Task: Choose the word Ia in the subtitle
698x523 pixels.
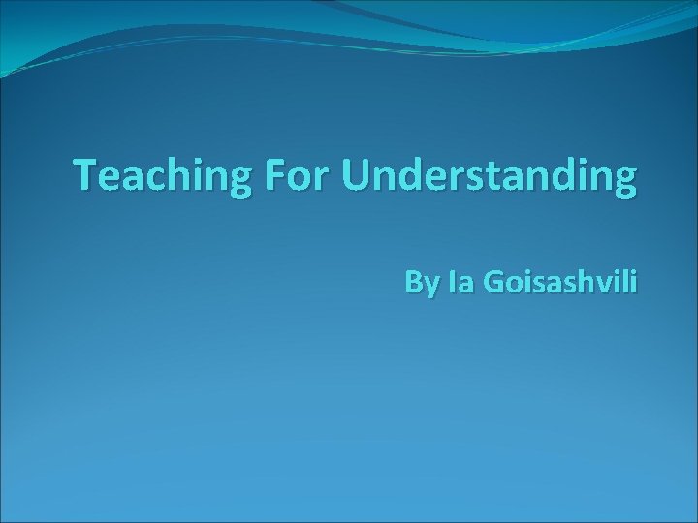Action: (x=461, y=285)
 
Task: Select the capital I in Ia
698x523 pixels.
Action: (x=454, y=285)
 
